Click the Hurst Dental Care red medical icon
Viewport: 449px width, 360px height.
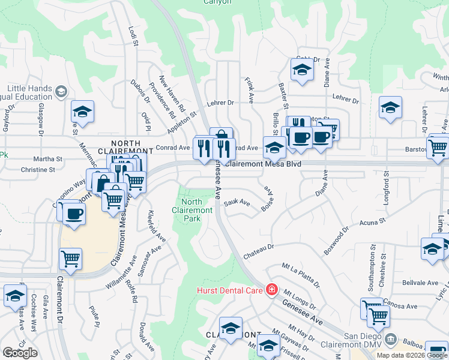click(271, 290)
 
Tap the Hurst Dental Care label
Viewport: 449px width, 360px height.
click(231, 290)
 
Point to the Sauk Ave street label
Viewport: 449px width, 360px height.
click(237, 203)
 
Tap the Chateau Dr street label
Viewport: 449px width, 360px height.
click(258, 251)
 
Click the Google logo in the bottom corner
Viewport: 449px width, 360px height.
click(20, 353)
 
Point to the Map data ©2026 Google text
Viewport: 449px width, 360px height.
click(412, 355)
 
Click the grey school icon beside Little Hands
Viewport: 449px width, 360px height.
click(61, 92)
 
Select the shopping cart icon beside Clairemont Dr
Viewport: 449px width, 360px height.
click(71, 259)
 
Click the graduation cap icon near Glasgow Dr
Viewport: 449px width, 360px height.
click(83, 112)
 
